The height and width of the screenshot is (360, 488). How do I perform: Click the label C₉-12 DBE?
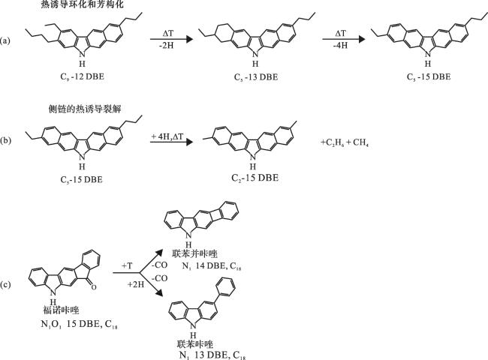pyautogui.click(x=82, y=76)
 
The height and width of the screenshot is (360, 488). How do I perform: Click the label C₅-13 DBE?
pyautogui.click(x=256, y=76)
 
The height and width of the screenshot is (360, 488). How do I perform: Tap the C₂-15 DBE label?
pyautogui.click(x=255, y=178)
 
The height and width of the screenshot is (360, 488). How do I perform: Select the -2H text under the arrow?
pyautogui.click(x=166, y=46)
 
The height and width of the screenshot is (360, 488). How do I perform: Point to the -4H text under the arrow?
pyautogui.click(x=340, y=46)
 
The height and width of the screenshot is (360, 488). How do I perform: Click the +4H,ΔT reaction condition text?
pyautogui.click(x=167, y=136)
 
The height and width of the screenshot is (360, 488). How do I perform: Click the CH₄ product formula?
pyautogui.click(x=360, y=142)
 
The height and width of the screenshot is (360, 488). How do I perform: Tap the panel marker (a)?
pyautogui.click(x=5, y=40)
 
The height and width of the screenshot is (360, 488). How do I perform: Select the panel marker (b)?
pyautogui.click(x=5, y=140)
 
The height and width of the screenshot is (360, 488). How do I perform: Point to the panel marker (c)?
pyautogui.click(x=5, y=285)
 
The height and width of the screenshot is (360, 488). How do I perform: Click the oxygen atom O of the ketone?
pyautogui.click(x=94, y=287)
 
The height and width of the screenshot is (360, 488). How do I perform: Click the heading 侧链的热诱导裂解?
pyautogui.click(x=84, y=109)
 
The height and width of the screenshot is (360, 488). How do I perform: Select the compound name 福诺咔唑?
pyautogui.click(x=61, y=310)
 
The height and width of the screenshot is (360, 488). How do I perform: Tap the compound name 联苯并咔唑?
pyautogui.click(x=194, y=253)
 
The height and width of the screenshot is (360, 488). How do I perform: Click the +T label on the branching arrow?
pyautogui.click(x=127, y=266)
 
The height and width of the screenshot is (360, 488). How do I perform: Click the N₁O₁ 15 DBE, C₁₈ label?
pyautogui.click(x=79, y=324)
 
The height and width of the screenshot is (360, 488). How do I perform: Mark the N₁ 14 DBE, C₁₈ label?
pyautogui.click(x=212, y=266)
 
